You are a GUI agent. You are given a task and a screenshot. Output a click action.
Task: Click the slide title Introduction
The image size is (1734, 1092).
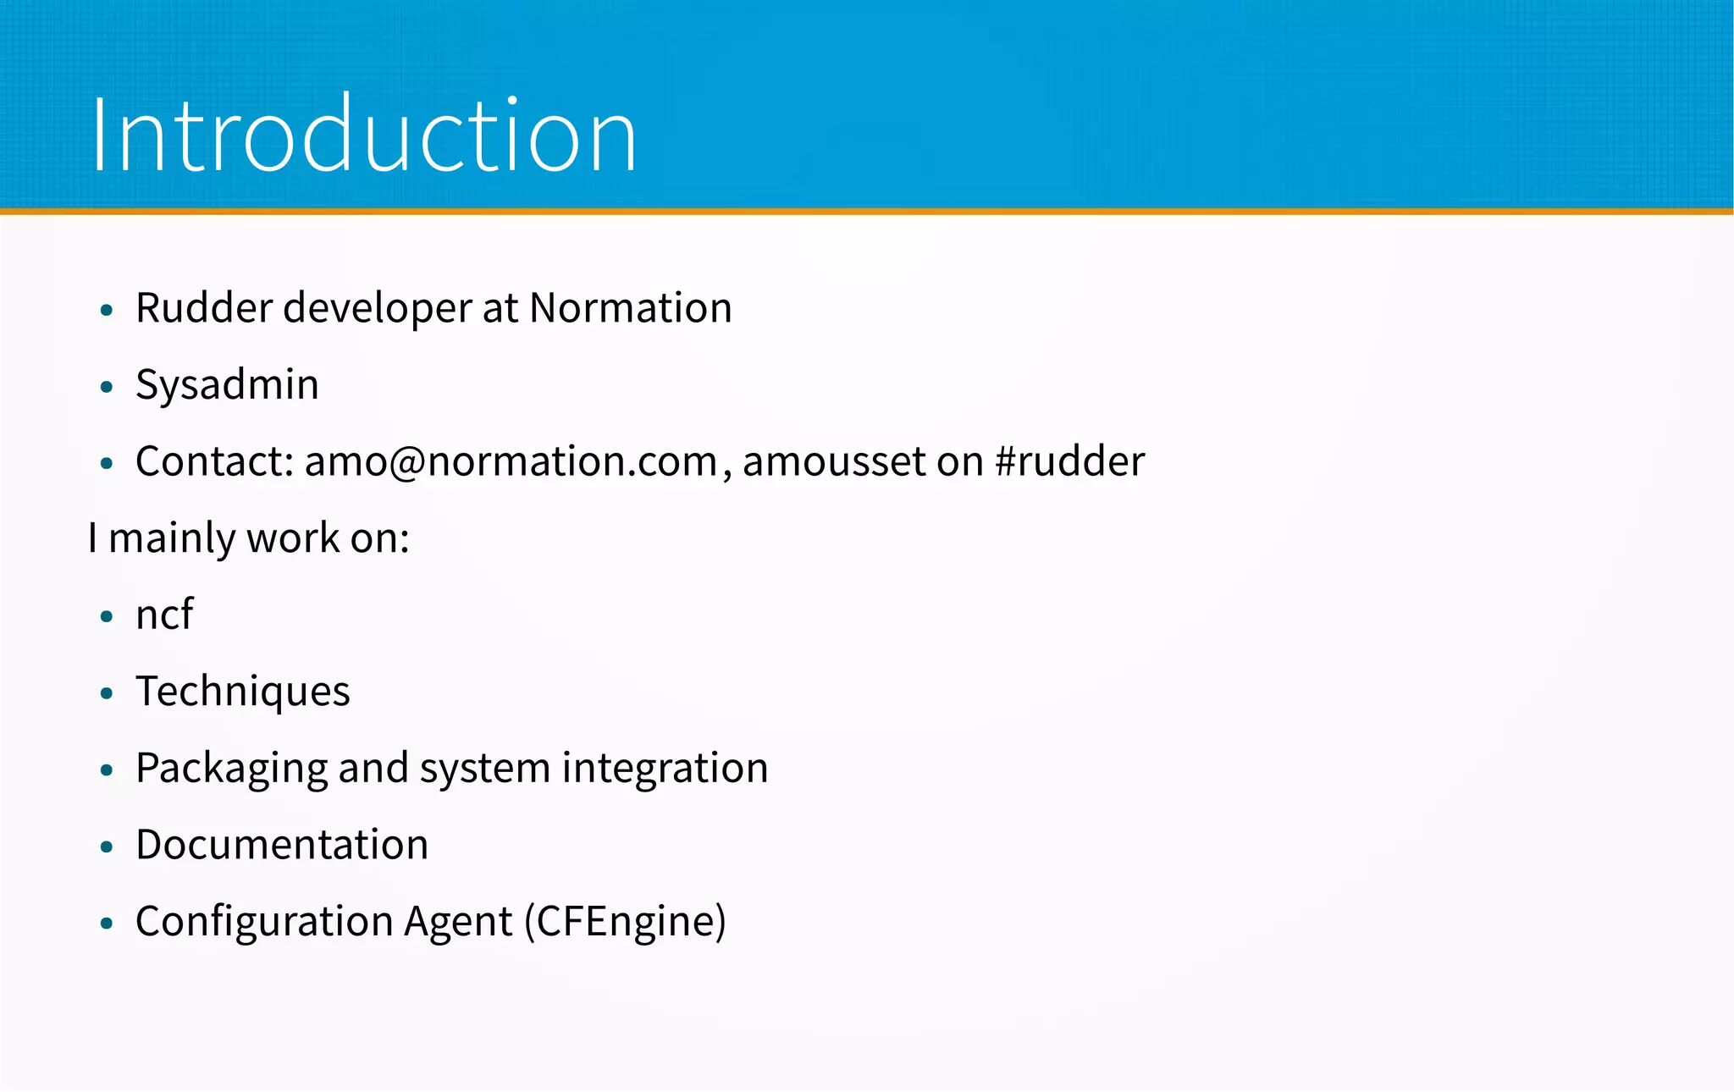[x=364, y=135]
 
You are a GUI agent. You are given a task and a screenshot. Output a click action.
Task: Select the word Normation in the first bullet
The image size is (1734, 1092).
[x=631, y=307]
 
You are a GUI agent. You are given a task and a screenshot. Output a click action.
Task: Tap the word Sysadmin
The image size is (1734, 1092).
[x=227, y=385]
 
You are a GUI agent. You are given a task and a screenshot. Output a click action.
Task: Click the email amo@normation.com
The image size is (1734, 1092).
[x=511, y=462]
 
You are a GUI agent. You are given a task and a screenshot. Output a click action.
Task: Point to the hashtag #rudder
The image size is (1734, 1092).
[x=1070, y=462]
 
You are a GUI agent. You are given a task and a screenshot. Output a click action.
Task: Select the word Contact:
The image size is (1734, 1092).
[x=214, y=462]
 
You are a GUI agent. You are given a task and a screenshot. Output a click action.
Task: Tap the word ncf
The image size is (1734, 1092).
[x=164, y=615]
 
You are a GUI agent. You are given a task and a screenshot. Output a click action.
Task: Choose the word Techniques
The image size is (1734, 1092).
[x=242, y=692]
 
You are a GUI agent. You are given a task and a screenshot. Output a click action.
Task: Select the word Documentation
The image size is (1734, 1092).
[x=282, y=845]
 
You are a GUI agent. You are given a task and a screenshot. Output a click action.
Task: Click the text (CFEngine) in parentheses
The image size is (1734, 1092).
[x=625, y=922]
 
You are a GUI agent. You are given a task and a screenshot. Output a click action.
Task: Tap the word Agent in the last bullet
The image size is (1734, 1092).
[x=458, y=922]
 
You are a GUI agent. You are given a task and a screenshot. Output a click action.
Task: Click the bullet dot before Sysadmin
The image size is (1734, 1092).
[x=106, y=388]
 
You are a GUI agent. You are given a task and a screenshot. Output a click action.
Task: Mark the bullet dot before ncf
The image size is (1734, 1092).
[x=106, y=617]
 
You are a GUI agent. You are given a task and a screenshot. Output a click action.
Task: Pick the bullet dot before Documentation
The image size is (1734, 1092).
[x=106, y=847]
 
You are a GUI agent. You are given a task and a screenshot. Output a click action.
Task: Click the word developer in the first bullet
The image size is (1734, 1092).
[x=377, y=308]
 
